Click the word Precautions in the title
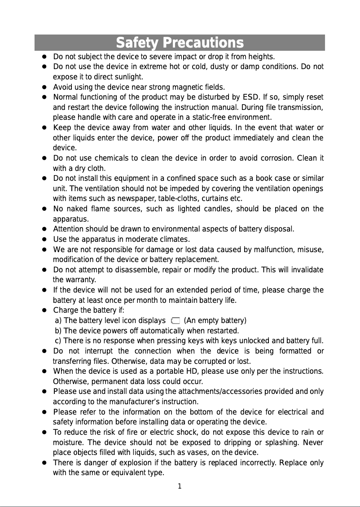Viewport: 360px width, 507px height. tap(203, 43)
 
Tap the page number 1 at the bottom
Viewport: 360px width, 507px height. tap(179, 486)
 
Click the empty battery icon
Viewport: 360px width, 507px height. tap(175, 320)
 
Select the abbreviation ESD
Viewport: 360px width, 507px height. tap(250, 97)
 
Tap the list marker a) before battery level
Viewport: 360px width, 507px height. tap(58, 321)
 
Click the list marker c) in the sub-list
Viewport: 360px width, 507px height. tap(58, 341)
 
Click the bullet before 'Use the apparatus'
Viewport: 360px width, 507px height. tap(45, 240)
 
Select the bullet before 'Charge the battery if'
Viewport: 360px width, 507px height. tap(45, 310)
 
